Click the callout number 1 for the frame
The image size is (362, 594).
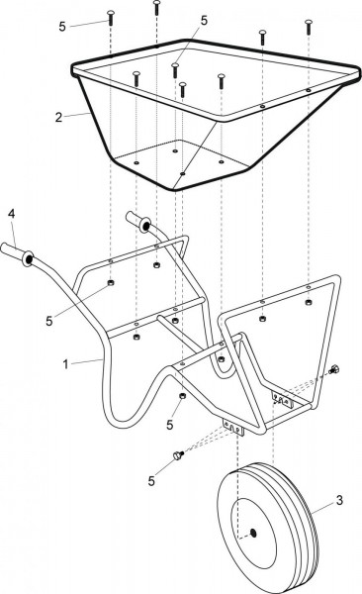click(65, 364)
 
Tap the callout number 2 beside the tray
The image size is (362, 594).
click(58, 117)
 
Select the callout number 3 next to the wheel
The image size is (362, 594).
click(339, 500)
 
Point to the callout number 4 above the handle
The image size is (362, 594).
click(12, 214)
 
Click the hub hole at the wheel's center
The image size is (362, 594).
click(253, 534)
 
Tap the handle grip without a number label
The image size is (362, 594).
click(138, 222)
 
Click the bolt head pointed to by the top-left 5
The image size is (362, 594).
click(111, 18)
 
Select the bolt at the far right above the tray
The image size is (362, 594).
click(309, 28)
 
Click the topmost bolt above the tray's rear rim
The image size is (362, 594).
click(156, 8)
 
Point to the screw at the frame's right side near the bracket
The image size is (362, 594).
click(334, 369)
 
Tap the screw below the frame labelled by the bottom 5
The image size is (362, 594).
click(178, 455)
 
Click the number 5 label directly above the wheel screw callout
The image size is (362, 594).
click(170, 425)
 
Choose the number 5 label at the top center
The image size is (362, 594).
click(204, 21)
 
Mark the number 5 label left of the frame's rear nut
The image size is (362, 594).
click(49, 321)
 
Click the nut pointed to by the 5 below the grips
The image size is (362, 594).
click(111, 282)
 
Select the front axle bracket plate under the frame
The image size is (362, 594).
click(233, 426)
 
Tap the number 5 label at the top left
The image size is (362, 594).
click(62, 27)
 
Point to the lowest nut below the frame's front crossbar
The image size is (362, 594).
click(182, 396)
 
